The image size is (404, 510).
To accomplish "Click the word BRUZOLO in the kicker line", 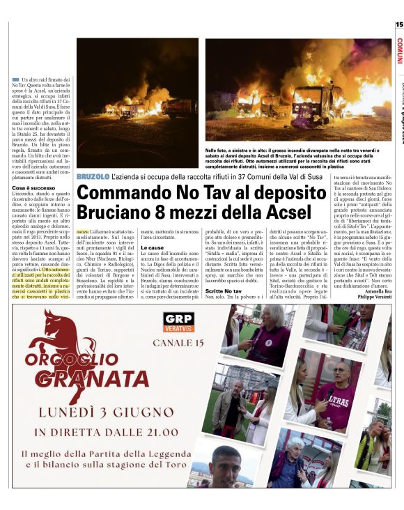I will click(x=93, y=178).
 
